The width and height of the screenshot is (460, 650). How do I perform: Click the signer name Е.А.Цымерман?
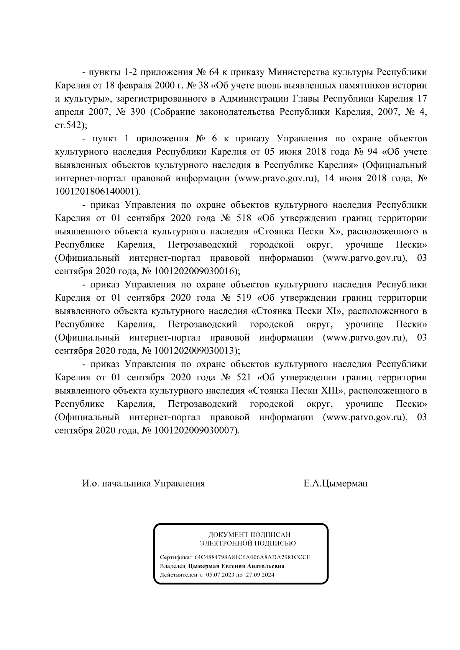pos(335,483)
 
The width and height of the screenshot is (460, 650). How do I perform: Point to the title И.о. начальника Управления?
pos(143,483)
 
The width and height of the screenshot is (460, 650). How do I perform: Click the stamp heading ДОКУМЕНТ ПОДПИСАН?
pos(249,535)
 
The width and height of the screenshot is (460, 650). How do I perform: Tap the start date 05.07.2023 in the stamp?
pos(220,575)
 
